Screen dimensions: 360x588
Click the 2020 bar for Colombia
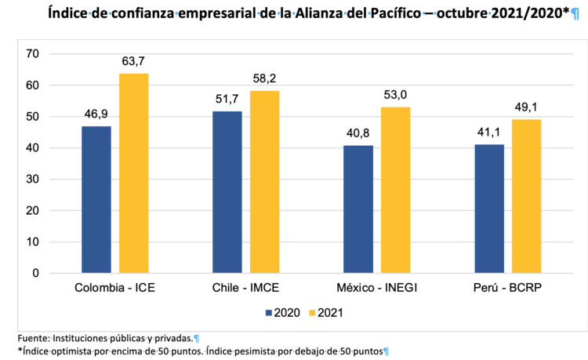96,199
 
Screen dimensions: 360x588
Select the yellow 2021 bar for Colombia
133,173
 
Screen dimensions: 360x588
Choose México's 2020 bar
358,209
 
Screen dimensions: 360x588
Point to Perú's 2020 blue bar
489,209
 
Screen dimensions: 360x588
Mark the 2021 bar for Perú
526,196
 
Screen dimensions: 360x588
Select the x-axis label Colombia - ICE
114,287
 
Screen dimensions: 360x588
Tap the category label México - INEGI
376,287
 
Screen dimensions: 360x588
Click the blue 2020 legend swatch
270,312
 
